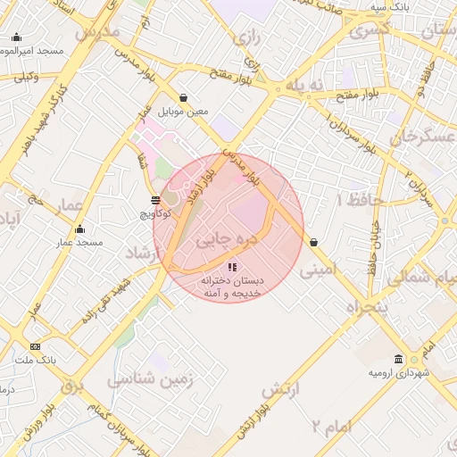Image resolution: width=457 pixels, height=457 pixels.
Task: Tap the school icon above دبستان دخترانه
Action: tap(232, 267)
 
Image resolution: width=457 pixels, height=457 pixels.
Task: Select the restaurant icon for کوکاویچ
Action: tap(156, 201)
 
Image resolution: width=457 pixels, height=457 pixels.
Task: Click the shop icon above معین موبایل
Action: tap(184, 98)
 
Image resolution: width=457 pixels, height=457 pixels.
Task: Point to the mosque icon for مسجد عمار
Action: tap(79, 229)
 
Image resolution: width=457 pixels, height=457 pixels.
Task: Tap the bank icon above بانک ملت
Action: tap(35, 346)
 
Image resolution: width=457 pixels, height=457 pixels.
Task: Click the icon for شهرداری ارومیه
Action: tap(400, 359)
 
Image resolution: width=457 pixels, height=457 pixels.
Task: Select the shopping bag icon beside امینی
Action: tap(313, 243)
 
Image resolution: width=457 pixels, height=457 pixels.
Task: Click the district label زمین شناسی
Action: tap(150, 379)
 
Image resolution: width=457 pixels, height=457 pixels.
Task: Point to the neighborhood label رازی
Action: tap(245, 37)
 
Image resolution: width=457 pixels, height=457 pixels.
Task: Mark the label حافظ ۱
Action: tap(351, 199)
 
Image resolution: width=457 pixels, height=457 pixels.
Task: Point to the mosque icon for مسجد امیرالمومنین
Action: tap(16, 37)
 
